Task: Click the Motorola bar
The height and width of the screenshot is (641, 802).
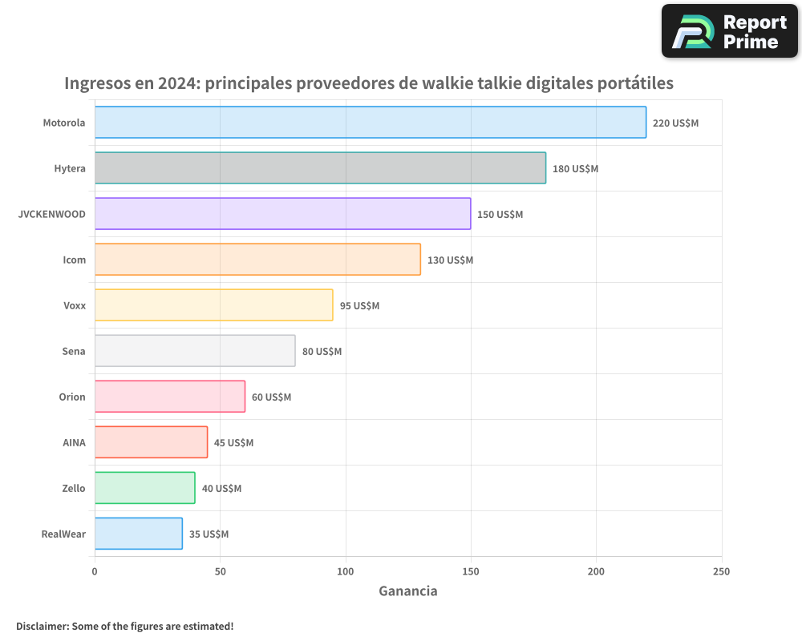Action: tap(370, 123)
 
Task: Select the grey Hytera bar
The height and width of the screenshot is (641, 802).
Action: tap(320, 168)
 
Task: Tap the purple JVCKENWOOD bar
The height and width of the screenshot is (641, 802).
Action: tap(282, 214)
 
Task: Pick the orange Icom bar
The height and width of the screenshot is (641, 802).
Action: tap(257, 260)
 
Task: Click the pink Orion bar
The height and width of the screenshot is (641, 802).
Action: tap(170, 397)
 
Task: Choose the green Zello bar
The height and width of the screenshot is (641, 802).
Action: tap(144, 488)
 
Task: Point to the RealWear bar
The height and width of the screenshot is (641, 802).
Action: tap(138, 534)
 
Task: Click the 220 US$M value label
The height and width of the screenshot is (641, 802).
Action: tap(675, 123)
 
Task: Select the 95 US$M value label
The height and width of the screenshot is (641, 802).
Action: tap(359, 306)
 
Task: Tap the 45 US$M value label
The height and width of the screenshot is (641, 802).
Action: tap(233, 443)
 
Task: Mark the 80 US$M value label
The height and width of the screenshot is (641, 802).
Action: tap(322, 352)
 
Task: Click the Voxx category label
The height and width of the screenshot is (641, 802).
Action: tap(75, 306)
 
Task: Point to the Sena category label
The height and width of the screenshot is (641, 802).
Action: tap(74, 352)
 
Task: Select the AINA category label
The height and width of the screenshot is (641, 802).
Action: tap(74, 443)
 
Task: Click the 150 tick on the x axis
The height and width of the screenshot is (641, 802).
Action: tap(471, 571)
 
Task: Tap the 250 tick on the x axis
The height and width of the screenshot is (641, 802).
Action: tap(721, 571)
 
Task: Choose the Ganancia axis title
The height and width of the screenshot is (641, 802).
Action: tap(407, 591)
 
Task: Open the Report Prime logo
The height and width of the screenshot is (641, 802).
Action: tap(729, 31)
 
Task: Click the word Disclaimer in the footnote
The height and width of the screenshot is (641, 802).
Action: tap(41, 626)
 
